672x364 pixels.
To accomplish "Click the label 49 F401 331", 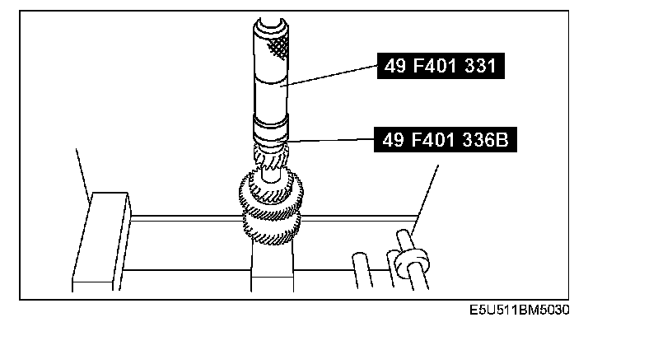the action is pyautogui.click(x=441, y=66).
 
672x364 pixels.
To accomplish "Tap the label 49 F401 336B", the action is pyautogui.click(x=446, y=140).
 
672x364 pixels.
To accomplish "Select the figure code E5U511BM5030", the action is pyautogui.click(x=520, y=310).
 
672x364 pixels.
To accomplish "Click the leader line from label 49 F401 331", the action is pyautogui.click(x=329, y=76).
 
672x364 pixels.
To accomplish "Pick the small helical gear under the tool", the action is pyautogui.click(x=271, y=158).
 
